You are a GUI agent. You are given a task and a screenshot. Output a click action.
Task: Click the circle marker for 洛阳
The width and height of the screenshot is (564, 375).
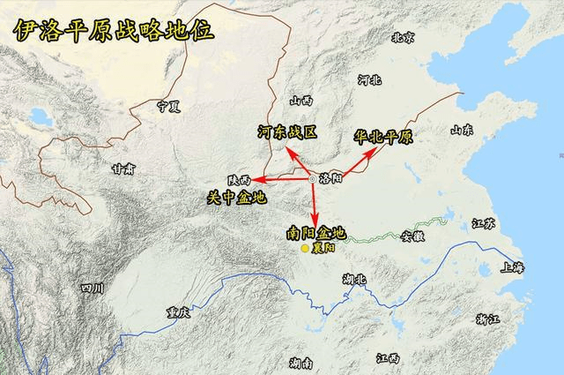point(312,179)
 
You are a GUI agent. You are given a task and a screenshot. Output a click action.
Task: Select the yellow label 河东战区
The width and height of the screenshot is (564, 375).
point(287,131)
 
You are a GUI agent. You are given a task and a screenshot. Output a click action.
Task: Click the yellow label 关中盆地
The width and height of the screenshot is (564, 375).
point(235,197)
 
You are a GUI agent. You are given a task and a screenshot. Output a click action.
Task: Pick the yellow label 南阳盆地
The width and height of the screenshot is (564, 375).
point(316,234)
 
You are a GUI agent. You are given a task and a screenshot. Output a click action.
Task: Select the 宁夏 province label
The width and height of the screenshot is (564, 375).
point(168,106)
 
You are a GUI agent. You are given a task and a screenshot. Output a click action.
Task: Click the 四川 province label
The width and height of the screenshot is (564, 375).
point(93,288)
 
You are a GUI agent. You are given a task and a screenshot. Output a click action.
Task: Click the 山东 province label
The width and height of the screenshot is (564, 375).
point(463,131)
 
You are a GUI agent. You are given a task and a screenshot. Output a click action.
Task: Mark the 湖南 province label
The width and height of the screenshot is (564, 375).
point(301,363)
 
